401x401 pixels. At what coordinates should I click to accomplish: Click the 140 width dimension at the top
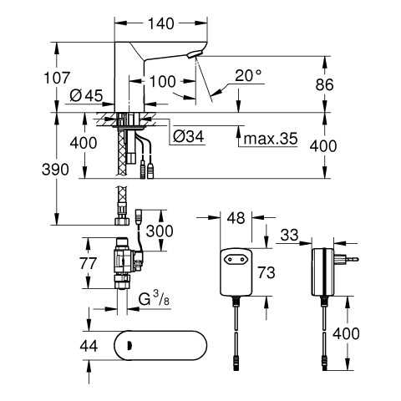coord(161,23)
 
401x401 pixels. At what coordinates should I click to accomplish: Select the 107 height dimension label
coord(57,78)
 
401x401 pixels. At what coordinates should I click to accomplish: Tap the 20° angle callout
coord(248,75)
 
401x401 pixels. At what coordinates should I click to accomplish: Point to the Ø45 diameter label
coord(86,96)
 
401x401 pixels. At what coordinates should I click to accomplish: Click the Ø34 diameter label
coord(189,136)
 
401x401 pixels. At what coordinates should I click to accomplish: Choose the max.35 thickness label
coord(271,138)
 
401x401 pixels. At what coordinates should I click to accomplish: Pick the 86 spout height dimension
coord(324,84)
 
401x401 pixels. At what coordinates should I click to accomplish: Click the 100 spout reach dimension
coord(163,82)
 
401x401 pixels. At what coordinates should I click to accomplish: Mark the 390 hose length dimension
coord(55,170)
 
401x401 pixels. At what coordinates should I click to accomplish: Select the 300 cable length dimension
coord(160,231)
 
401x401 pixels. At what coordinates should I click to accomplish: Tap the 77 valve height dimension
coord(88,263)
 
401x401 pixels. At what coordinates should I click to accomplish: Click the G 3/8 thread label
coord(154,299)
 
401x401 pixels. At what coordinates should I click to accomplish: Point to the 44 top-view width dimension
coord(89,346)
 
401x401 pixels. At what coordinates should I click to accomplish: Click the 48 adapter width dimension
coord(236,218)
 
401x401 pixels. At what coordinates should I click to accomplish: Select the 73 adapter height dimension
coord(266,272)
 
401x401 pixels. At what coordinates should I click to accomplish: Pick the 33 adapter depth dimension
coord(289,235)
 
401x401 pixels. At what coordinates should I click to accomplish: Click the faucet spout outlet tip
coord(195,54)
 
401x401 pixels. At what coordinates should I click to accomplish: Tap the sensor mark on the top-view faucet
coord(129,346)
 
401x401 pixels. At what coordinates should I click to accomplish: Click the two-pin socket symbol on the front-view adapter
coord(236,260)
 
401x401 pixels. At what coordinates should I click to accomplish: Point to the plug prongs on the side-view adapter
coord(348,260)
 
